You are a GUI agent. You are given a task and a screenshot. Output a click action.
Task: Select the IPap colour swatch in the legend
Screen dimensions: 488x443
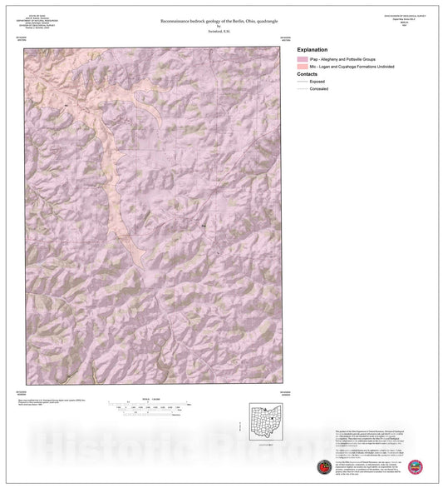[301, 61]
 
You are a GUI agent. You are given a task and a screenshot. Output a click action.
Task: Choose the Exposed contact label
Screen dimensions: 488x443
[317, 82]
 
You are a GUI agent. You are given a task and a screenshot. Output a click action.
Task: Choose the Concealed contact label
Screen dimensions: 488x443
[319, 89]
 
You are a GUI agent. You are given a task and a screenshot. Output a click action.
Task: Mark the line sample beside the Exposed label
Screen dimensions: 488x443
[301, 82]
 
